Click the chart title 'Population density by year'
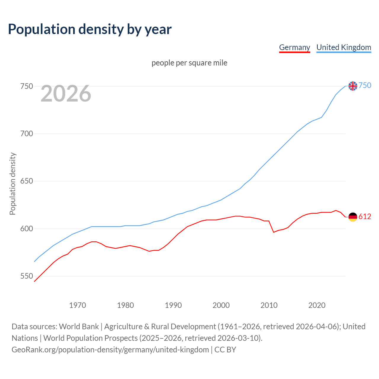[x=90, y=29]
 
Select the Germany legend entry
[x=294, y=47]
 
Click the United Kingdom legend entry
[x=343, y=47]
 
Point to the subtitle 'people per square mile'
[x=189, y=63]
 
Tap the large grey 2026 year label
[x=66, y=94]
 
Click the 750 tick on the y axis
[x=26, y=86]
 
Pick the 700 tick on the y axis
[x=26, y=134]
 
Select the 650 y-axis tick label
[x=26, y=181]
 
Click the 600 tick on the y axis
[x=26, y=229]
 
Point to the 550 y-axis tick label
[x=26, y=276]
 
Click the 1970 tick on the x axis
[x=78, y=305]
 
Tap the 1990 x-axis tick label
[x=173, y=305]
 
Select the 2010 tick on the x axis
[x=269, y=305]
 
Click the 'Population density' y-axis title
[x=12, y=184]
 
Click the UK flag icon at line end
[x=353, y=86]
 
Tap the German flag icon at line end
[x=353, y=217]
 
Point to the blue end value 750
[x=365, y=86]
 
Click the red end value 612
[x=365, y=217]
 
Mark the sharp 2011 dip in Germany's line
[x=274, y=232]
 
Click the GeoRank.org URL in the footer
[x=110, y=350]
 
